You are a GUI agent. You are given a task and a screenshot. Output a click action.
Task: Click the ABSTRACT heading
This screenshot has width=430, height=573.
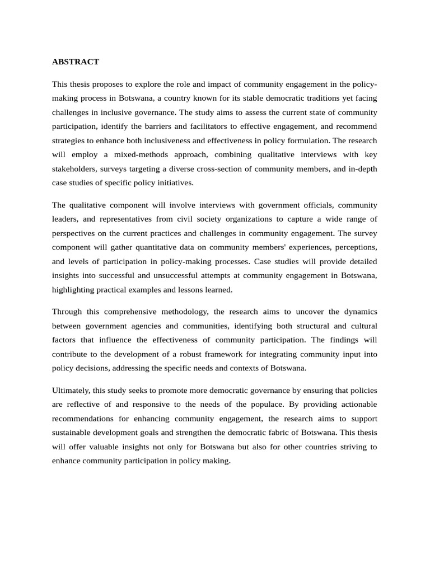pos(75,62)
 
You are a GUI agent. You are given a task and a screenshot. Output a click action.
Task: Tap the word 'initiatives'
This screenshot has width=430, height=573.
pos(174,182)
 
